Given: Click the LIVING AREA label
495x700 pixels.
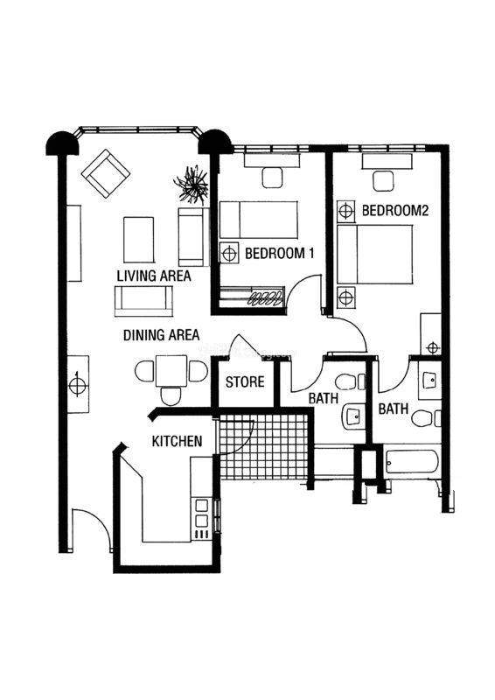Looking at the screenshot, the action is pyautogui.click(x=154, y=276).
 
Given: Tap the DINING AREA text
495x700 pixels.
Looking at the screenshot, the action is pyautogui.click(x=161, y=335).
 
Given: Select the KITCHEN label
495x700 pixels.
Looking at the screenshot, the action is pyautogui.click(x=178, y=441).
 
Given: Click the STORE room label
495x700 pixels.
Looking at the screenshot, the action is pyautogui.click(x=245, y=381).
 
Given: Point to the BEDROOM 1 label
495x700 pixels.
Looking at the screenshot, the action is pyautogui.click(x=280, y=254).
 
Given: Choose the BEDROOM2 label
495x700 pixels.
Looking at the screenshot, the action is pyautogui.click(x=395, y=210).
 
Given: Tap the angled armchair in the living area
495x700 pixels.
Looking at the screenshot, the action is pyautogui.click(x=105, y=173).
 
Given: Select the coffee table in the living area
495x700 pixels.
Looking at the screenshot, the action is pyautogui.click(x=139, y=240).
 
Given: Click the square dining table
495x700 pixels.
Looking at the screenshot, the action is pyautogui.click(x=171, y=370).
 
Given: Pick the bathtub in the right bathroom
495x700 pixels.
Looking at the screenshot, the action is pyautogui.click(x=412, y=461).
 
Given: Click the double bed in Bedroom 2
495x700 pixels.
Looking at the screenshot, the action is pyautogui.click(x=374, y=254).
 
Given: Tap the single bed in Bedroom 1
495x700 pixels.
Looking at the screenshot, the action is pyautogui.click(x=259, y=220).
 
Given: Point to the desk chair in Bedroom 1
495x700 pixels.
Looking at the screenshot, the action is pyautogui.click(x=272, y=178).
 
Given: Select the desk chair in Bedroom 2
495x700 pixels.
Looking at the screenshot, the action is pyautogui.click(x=384, y=181).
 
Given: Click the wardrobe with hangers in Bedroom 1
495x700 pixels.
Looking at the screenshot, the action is pyautogui.click(x=252, y=296).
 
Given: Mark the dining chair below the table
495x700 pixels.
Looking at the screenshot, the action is pyautogui.click(x=171, y=396).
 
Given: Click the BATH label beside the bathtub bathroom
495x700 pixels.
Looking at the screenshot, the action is pyautogui.click(x=394, y=409).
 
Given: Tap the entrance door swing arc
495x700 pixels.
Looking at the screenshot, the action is pyautogui.click(x=97, y=521).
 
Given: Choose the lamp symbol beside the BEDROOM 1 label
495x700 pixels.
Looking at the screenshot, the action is pyautogui.click(x=229, y=254).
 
